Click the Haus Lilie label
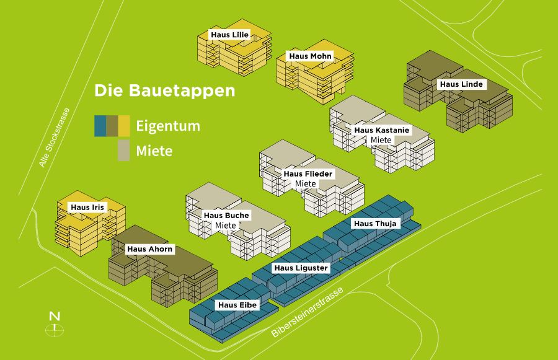point(230,35)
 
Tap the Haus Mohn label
point(311,56)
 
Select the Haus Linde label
point(461,84)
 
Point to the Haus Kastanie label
point(381,130)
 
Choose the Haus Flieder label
point(308,174)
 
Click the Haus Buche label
point(226,216)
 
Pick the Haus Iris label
point(87,207)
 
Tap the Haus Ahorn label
point(150,249)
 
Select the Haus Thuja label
point(374,223)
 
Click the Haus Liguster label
point(301,268)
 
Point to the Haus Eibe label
point(237,305)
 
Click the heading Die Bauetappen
point(165,90)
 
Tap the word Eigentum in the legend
point(168,126)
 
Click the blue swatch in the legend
point(99,126)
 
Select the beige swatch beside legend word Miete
point(124,151)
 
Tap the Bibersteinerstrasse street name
point(307,314)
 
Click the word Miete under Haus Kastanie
point(381,140)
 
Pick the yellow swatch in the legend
point(124,126)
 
